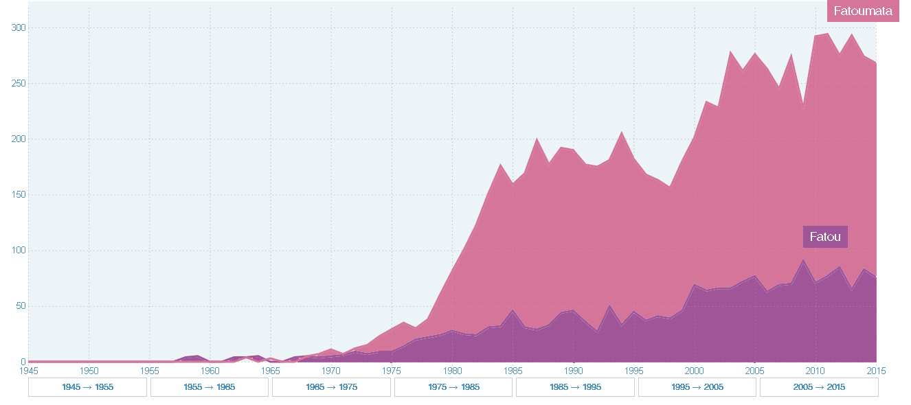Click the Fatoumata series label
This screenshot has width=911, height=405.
coord(863,11)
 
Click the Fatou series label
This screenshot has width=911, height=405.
coord(825,237)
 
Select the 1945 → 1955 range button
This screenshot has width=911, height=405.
coord(87,387)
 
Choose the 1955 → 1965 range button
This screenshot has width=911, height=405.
coord(210,387)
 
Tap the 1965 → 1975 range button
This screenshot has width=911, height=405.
coord(331,387)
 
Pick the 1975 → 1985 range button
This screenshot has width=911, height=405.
coord(453,387)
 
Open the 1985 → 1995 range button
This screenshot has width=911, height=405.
coord(575,387)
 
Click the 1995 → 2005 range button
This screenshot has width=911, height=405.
coord(697,387)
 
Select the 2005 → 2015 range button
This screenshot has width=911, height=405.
coord(819,387)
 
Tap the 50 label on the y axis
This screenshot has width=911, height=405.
coord(21,306)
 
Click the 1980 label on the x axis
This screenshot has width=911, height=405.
coord(452,371)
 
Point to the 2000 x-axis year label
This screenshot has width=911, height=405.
coord(695,371)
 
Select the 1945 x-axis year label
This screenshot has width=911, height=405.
coord(28,371)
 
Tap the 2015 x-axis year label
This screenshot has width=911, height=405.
coord(876,371)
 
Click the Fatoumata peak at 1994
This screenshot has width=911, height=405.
coord(622,132)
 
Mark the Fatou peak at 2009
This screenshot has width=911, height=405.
coord(803,259)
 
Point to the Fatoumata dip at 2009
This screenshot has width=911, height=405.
coord(803,106)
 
